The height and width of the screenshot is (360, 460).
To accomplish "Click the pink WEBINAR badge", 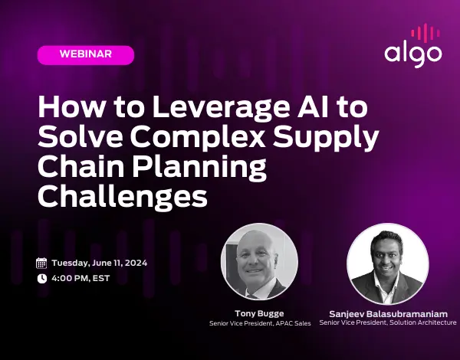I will [85, 54].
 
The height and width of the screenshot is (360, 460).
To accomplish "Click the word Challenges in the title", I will [122, 195].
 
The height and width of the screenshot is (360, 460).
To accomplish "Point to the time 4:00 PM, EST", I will [81, 279].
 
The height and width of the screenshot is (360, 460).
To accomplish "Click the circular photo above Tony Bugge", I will [259, 265].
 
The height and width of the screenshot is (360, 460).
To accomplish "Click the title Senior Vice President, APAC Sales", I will [259, 324].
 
